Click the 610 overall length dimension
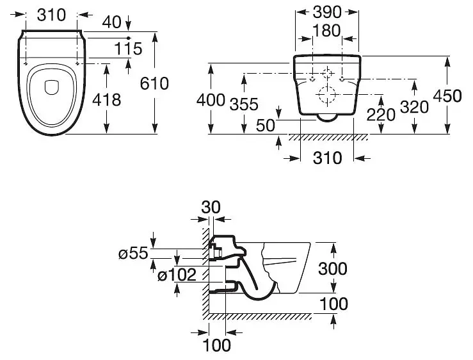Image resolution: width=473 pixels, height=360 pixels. point(154,84)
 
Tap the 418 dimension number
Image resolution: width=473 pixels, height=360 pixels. point(106,100)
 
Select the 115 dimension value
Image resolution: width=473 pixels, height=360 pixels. point(128,49)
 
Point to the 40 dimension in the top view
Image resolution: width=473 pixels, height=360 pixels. point(111,22)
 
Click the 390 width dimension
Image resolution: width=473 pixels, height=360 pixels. point(327,12)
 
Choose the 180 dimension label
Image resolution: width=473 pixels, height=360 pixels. point(326,31)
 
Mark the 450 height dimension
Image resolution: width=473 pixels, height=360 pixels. point(447,96)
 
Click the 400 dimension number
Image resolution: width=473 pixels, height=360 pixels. point(211,100)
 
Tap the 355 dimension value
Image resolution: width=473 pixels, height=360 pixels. point(244,104)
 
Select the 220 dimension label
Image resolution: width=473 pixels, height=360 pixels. point(381,115)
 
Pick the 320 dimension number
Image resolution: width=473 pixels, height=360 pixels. point(414,107)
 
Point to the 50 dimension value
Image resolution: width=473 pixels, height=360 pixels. point(266,126)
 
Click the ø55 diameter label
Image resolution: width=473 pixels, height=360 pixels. point(133,254)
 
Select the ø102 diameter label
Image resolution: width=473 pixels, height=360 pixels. point(177,275)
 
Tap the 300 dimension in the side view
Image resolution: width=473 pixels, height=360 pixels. point(333,269)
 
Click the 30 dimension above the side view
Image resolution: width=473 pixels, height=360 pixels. point(211,208)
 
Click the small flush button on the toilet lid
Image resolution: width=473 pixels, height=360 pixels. point(51,87)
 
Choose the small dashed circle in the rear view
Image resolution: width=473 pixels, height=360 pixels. point(327,74)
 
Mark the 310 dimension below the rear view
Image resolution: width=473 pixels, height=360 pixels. point(327,158)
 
